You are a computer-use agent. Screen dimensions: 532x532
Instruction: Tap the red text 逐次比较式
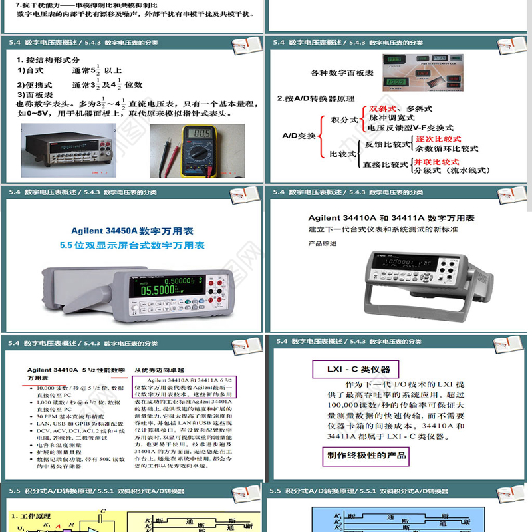click(x=438, y=139)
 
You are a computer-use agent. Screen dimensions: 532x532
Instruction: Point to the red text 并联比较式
click(x=436, y=161)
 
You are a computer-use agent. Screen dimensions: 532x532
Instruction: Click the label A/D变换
click(x=299, y=135)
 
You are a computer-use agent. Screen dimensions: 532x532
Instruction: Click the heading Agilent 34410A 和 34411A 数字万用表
click(x=391, y=218)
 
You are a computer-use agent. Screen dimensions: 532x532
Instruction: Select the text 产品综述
click(x=322, y=243)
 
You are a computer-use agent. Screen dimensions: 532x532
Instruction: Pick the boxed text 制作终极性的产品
click(x=366, y=456)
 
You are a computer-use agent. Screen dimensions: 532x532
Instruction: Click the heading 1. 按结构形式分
click(x=48, y=60)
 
